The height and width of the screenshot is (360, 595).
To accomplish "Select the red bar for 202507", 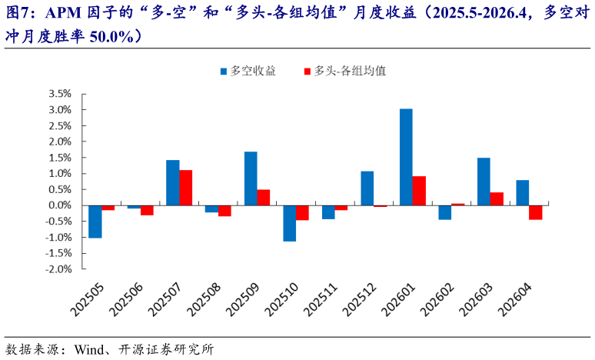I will click(x=185, y=188).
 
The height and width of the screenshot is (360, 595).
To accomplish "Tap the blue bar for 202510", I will click(x=289, y=223).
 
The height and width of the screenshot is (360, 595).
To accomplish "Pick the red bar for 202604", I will click(x=535, y=212).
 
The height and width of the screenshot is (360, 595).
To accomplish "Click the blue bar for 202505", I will click(x=95, y=222).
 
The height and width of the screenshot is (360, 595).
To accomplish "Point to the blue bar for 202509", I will click(x=251, y=178).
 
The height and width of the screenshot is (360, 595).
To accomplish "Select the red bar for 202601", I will click(x=419, y=191).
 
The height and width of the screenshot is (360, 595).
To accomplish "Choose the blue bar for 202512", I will click(x=367, y=188).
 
